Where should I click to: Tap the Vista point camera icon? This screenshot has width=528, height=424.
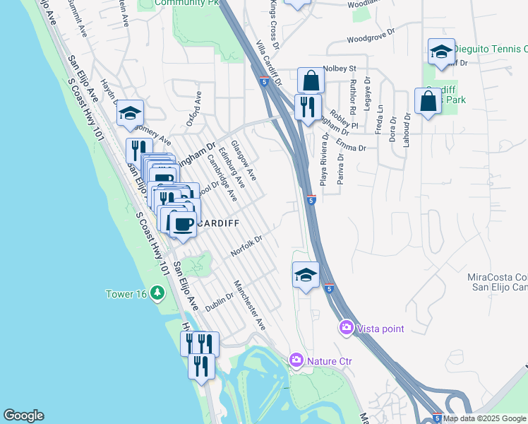(347, 328)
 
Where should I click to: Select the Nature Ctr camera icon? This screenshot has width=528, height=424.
(296, 361)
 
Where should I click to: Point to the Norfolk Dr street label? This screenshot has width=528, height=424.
(246, 247)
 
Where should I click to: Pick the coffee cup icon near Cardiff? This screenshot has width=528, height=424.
(183, 225)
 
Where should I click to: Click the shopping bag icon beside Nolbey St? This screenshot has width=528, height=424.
(311, 81)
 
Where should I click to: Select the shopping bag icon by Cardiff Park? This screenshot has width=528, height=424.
(428, 102)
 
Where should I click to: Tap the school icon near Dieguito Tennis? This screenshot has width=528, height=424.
(441, 52)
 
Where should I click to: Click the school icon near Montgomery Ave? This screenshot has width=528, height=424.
(130, 113)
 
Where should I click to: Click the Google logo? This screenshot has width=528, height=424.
(23, 416)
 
